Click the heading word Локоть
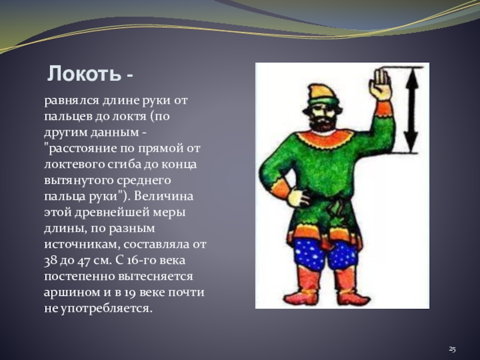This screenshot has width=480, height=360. [x=84, y=73]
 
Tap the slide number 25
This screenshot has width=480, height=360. [x=452, y=349]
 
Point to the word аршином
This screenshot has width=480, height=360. [x=72, y=292]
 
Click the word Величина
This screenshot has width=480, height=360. [x=163, y=196]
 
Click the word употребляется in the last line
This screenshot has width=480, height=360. [x=106, y=308]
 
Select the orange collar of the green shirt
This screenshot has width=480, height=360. [x=325, y=139]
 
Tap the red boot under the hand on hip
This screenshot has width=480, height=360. [x=302, y=286]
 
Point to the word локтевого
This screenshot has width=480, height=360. [x=73, y=164]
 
